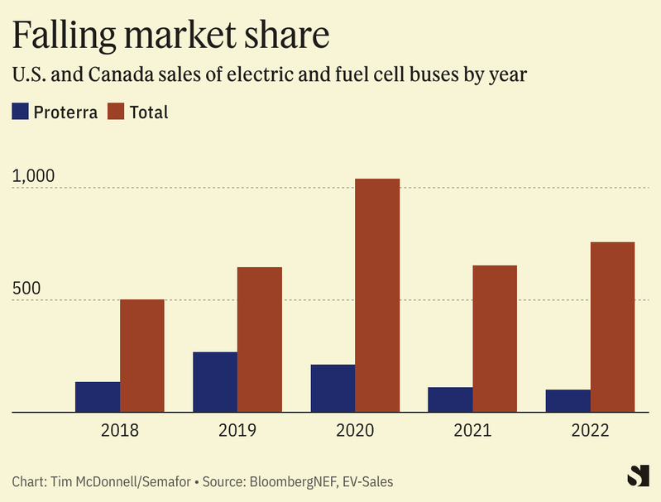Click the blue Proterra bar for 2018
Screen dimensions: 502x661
(98, 397)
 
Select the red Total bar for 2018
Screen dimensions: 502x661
(142, 356)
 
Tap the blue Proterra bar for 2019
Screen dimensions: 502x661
(215, 382)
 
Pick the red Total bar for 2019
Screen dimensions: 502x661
(260, 339)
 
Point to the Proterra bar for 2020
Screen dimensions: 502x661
(333, 388)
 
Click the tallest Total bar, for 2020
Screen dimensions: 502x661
(377, 295)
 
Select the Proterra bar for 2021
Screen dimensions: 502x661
(450, 399)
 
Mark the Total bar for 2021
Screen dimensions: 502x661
(495, 338)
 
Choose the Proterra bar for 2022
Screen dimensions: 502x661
(568, 400)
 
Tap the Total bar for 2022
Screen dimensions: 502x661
(612, 327)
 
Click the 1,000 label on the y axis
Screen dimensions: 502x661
(33, 176)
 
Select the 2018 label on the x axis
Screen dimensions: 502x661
(120, 431)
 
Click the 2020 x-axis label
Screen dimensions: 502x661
(355, 431)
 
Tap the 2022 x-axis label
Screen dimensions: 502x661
(590, 431)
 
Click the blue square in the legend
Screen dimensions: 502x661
(20, 112)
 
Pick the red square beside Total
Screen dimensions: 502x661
(117, 112)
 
